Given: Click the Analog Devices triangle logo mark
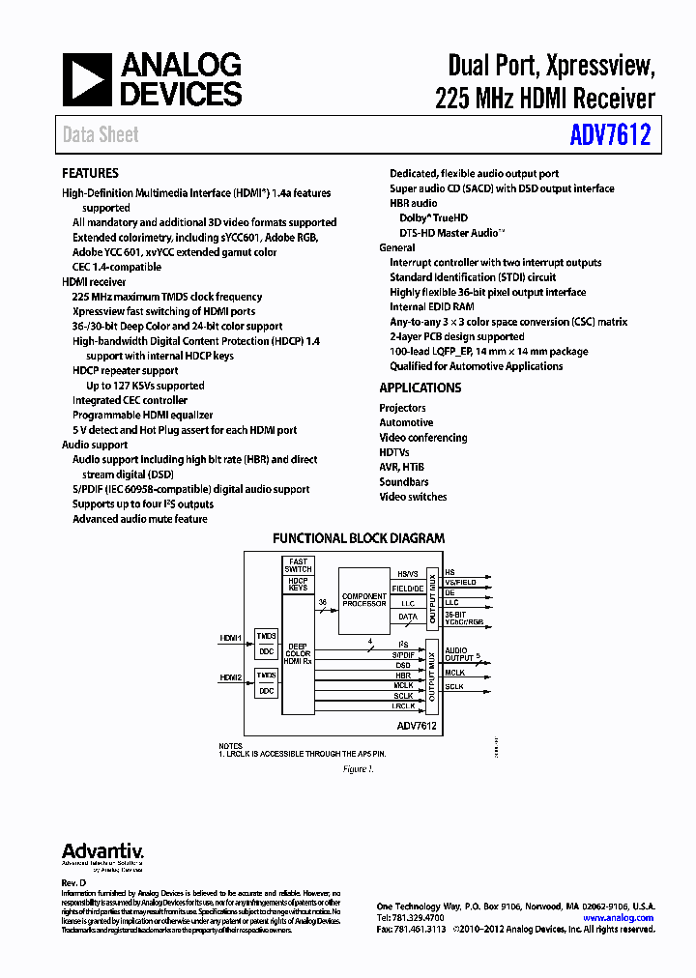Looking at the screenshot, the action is tap(88, 79).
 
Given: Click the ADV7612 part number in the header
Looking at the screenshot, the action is tap(609, 134).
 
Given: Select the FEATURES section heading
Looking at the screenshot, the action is tap(90, 173).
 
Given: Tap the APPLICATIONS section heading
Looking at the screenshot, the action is tap(420, 388).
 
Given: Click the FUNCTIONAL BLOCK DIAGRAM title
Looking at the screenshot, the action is tap(359, 538).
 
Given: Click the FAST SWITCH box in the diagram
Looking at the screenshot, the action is tap(298, 565).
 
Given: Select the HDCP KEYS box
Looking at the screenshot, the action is tap(298, 584).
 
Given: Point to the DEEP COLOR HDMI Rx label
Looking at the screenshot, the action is tap(298, 652).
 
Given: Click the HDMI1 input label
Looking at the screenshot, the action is tap(230, 638).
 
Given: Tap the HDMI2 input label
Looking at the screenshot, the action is tap(230, 677).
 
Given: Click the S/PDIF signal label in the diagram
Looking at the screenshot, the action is tap(403, 655).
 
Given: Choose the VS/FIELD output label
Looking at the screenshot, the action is tap(459, 583).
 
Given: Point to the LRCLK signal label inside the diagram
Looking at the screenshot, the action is tap(403, 705).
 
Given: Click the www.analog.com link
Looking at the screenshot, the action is tap(618, 918).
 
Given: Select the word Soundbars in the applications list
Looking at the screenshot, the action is tap(404, 481).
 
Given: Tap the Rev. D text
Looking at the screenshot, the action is tap(74, 883).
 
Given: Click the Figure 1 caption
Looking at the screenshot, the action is tap(357, 769).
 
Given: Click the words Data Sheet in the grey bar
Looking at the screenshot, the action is tap(101, 134).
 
